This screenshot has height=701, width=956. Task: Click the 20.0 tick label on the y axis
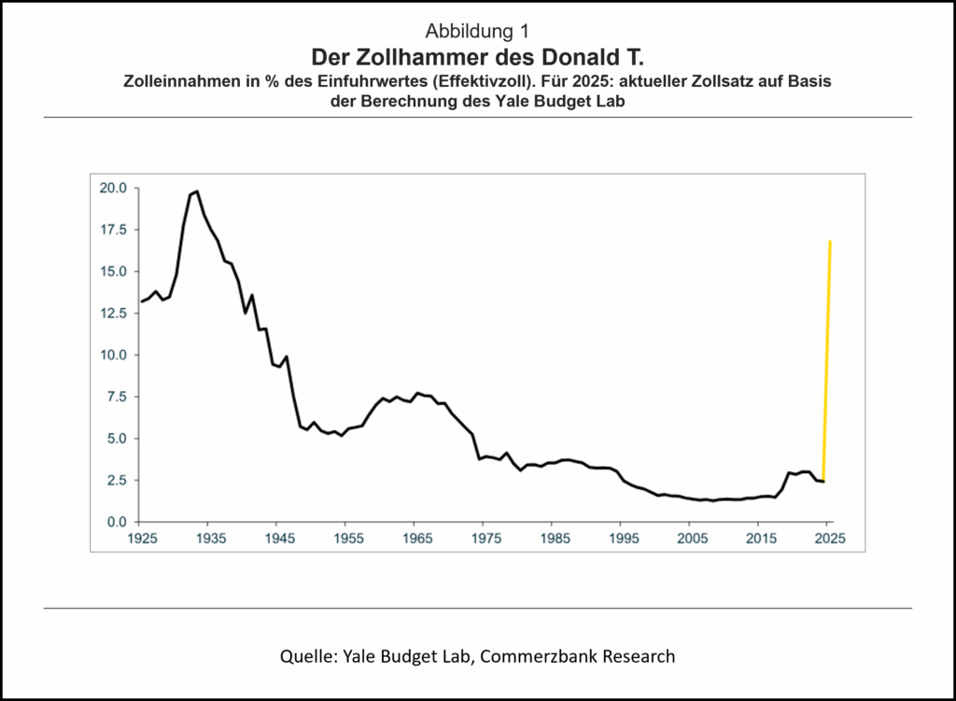pyautogui.click(x=114, y=188)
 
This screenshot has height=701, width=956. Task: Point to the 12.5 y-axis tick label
pyautogui.click(x=114, y=313)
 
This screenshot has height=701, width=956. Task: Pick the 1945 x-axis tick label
pyautogui.click(x=276, y=540)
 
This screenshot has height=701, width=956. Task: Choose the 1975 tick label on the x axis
pyautogui.click(x=485, y=540)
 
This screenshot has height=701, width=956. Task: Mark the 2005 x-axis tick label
pyautogui.click(x=692, y=540)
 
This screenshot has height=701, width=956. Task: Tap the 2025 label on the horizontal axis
pyautogui.click(x=829, y=540)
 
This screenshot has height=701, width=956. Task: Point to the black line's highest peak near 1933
pyautogui.click(x=196, y=191)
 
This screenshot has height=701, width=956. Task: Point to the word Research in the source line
pyautogui.click(x=638, y=656)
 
